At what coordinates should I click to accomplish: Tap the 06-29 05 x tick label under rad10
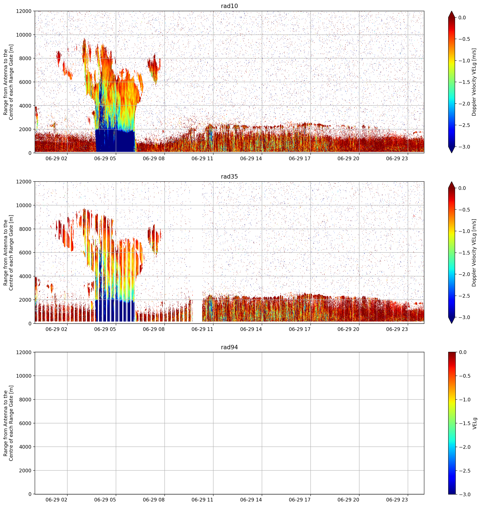[x=105, y=158]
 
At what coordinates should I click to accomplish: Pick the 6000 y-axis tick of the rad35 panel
[x=25, y=252]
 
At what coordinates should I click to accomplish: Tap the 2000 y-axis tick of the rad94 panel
[x=25, y=470]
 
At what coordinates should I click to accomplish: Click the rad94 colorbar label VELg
[x=475, y=423]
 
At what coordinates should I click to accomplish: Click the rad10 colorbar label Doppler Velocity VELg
[x=474, y=82]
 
